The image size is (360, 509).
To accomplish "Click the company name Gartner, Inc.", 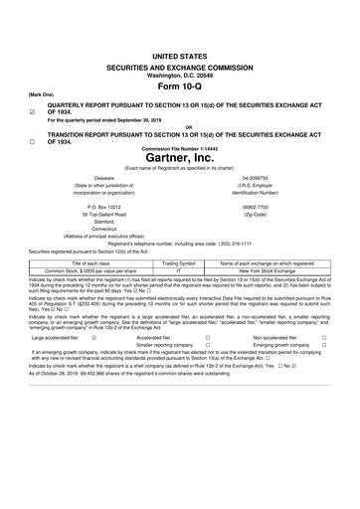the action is click(x=180, y=157).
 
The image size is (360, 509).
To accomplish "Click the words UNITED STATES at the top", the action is click(x=180, y=49).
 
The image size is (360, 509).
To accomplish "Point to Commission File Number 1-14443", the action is click(x=180, y=148).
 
